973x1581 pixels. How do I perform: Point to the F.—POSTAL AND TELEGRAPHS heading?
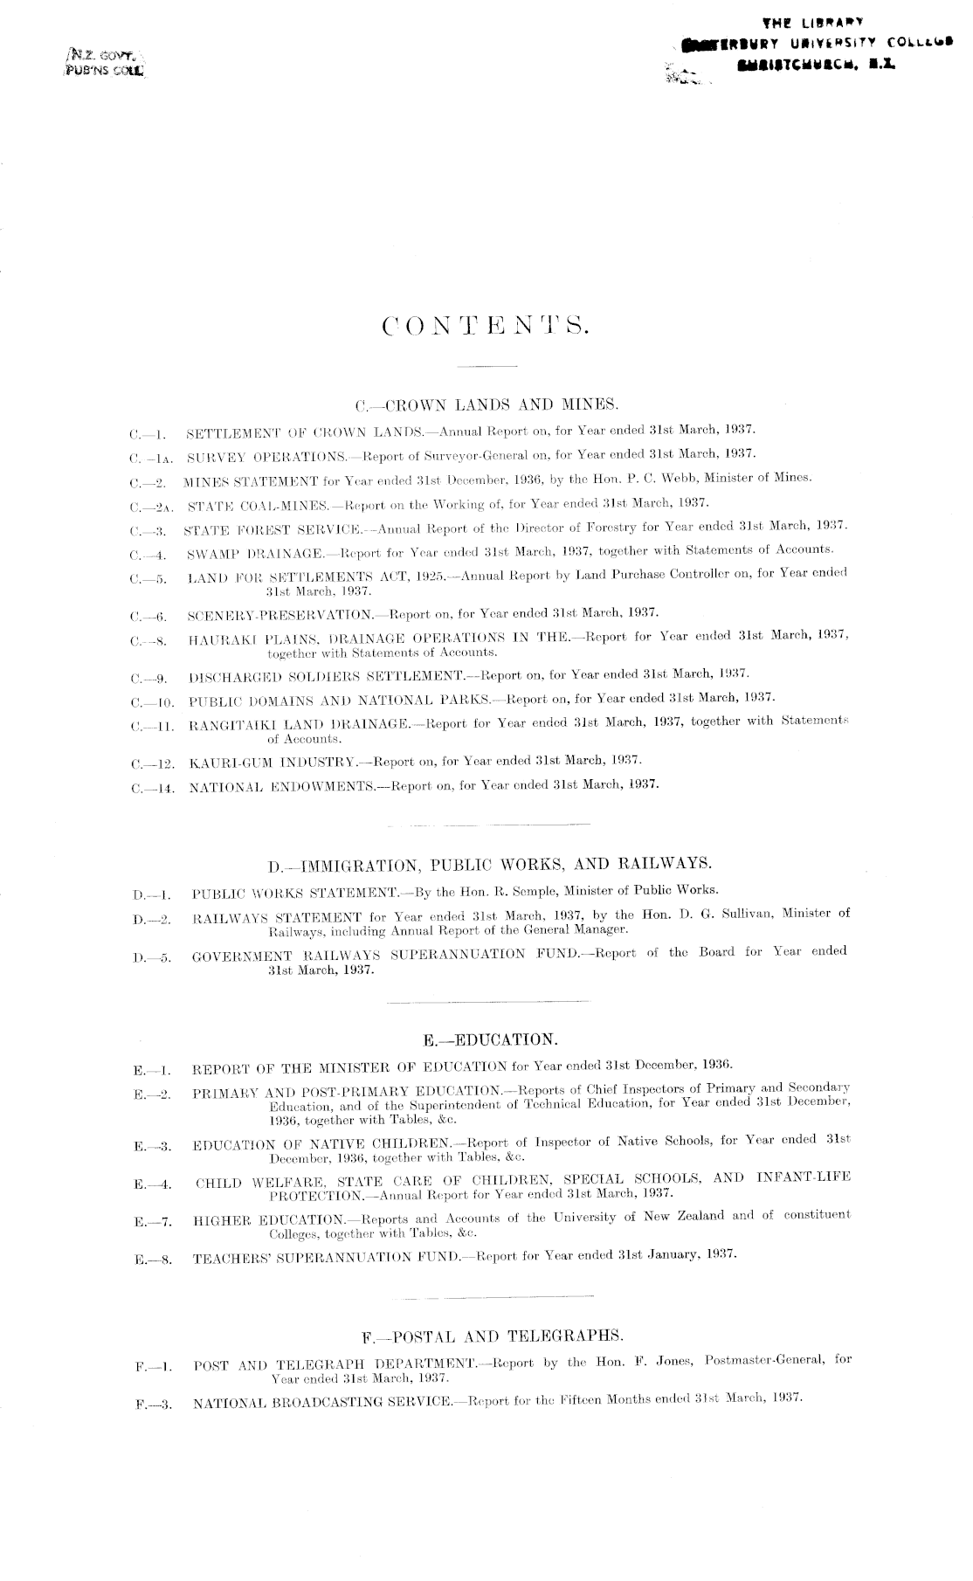click(493, 1336)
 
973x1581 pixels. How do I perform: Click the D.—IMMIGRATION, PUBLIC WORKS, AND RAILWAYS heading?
click(491, 865)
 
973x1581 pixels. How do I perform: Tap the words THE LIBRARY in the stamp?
click(812, 22)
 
